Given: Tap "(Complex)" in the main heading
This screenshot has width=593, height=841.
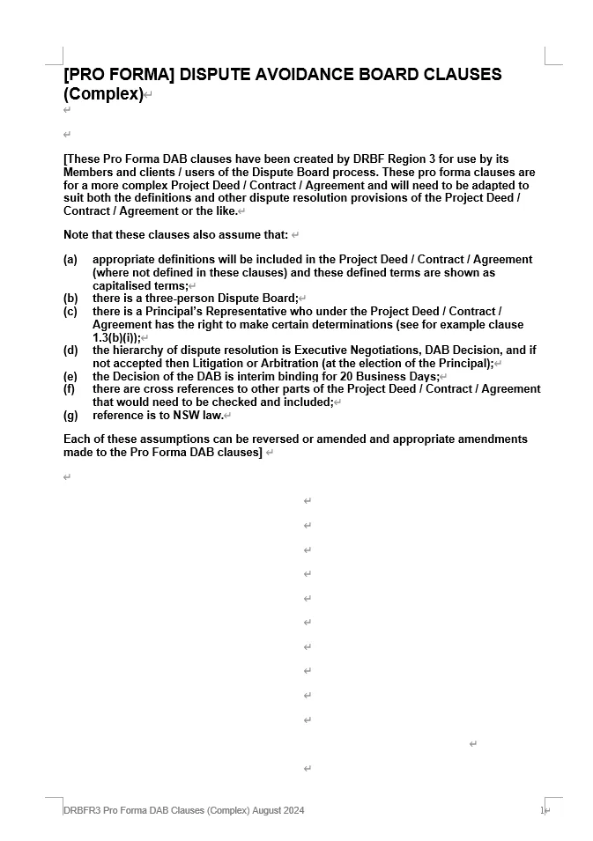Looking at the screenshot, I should coord(103,94).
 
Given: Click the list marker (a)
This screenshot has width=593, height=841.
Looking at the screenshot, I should coord(70,260).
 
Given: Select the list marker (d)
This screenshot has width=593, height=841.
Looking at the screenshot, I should coord(70,350).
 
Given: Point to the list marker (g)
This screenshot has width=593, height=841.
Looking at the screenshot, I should coord(70,416).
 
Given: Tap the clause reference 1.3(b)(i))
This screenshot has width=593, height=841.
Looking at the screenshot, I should coord(115,337).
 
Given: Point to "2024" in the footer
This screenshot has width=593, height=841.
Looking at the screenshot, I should coord(293,810).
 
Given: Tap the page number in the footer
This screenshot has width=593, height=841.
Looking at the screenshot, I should coord(542,810).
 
